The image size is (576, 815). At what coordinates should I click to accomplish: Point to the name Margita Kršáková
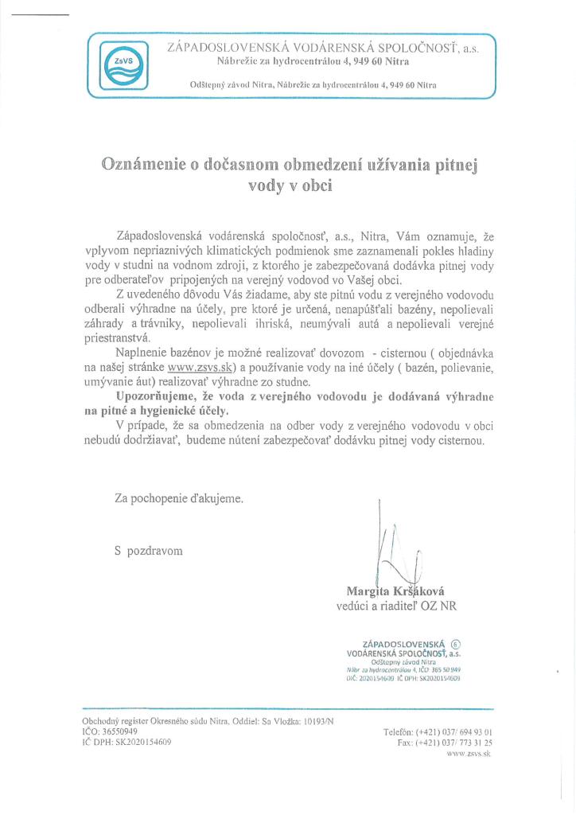pyautogui.click(x=395, y=591)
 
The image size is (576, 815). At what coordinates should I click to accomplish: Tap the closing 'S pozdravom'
pyautogui.click(x=149, y=550)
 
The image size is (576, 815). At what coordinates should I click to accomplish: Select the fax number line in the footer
pyautogui.click(x=444, y=741)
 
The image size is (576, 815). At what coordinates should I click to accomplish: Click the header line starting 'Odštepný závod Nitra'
pyautogui.click(x=313, y=84)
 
